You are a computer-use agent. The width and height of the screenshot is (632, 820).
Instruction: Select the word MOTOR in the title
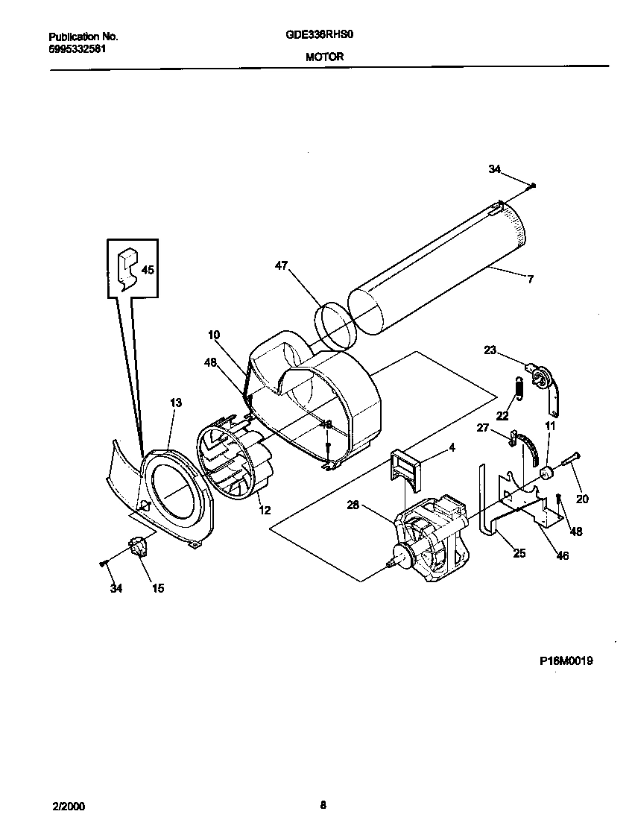coord(324,56)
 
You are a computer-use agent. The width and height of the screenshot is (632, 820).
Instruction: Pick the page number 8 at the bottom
coord(323,804)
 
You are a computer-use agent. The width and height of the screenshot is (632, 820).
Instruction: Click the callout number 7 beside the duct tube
coord(530,280)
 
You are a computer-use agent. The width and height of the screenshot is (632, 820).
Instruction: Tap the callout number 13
coord(175,403)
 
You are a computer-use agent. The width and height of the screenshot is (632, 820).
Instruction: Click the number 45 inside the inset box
coord(148,271)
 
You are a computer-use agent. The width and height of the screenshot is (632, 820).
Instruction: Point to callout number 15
coord(158,589)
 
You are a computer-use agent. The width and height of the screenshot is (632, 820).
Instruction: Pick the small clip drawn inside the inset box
coord(127,268)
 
